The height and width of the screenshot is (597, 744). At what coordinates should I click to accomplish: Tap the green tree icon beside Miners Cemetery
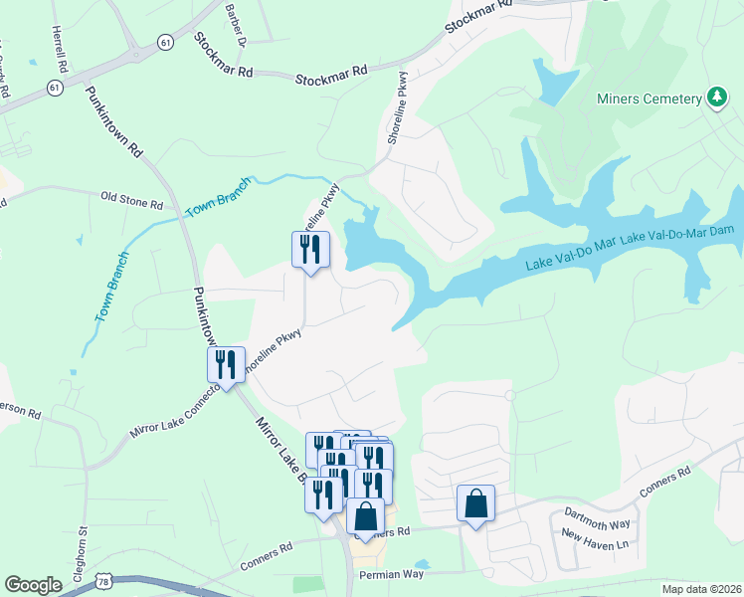tap(715, 97)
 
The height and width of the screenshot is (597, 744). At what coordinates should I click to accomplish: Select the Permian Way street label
tap(392, 574)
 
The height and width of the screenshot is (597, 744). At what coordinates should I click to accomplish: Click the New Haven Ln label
tap(595, 544)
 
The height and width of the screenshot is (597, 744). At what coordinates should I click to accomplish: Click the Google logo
tap(33, 585)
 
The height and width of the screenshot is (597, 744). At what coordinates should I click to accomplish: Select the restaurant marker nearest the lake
tap(310, 249)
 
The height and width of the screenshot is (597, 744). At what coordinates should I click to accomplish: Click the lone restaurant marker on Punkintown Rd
tap(226, 364)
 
